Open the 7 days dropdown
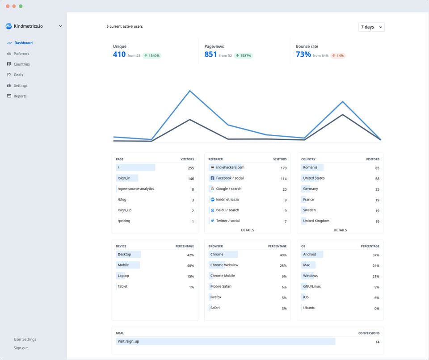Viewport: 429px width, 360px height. [371, 27]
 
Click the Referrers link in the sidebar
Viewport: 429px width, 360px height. [21, 54]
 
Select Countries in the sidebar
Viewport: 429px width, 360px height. [21, 64]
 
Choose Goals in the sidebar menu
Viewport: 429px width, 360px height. [18, 75]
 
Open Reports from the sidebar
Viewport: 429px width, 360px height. [20, 96]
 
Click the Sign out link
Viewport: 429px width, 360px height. [21, 348]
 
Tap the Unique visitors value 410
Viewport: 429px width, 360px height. [119, 54]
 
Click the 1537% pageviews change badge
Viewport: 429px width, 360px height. [243, 56]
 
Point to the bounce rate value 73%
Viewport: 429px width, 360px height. [303, 54]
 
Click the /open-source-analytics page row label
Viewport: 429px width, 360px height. [136, 189]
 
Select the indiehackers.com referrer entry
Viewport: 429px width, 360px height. [230, 167]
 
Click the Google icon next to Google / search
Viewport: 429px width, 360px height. [212, 189]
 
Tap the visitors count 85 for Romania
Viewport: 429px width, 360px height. [377, 168]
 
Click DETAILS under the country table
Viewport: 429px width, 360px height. [340, 230]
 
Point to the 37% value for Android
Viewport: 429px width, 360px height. [376, 255]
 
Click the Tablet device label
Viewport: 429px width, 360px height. [122, 287]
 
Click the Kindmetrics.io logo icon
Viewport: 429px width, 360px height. [8, 26]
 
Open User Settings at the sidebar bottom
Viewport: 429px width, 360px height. [25, 339]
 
